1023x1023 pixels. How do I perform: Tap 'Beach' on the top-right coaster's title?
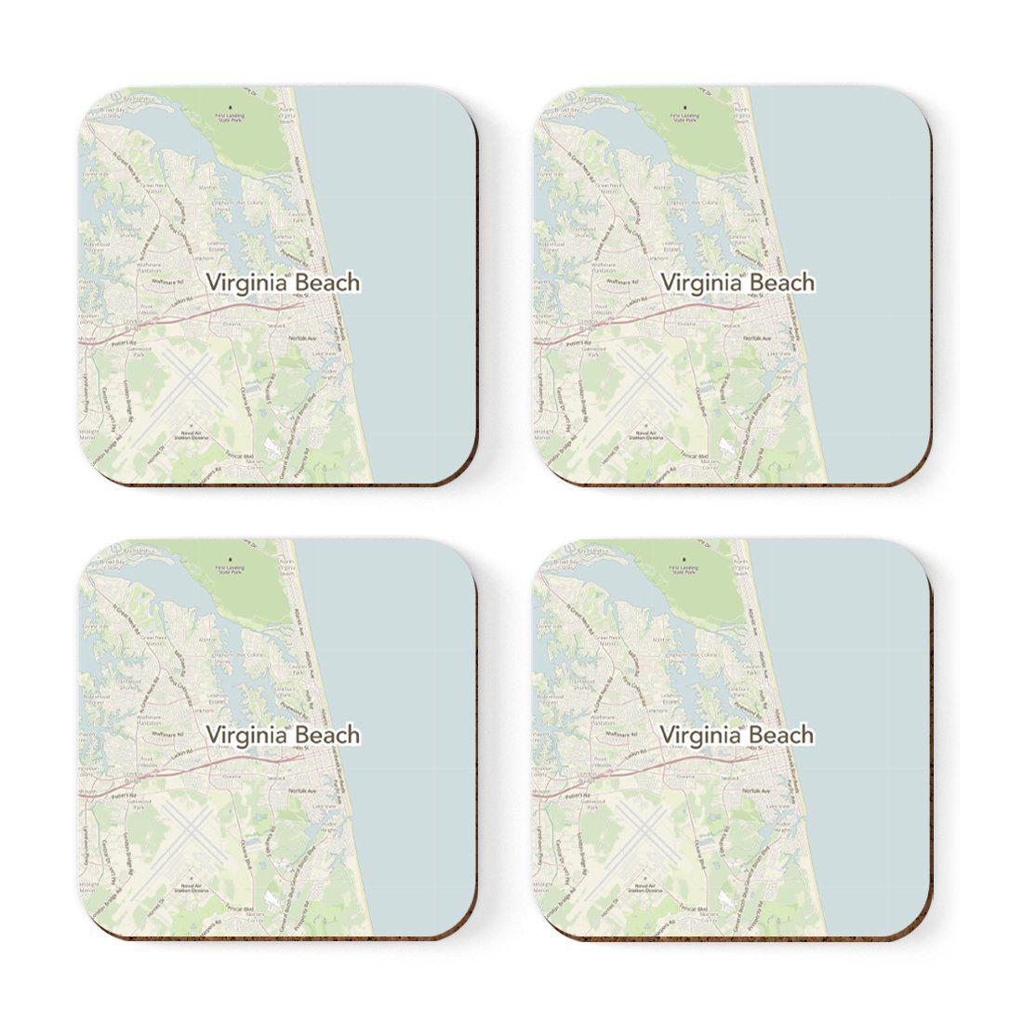[781, 282]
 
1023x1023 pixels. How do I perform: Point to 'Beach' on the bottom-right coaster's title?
[781, 735]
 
